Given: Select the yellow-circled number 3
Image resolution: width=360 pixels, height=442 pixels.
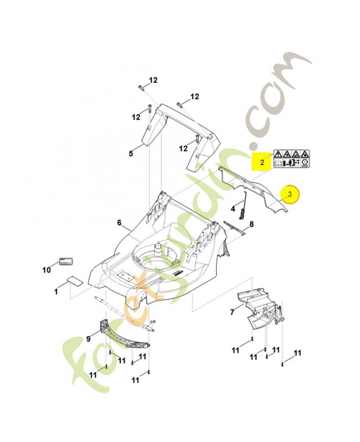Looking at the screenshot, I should [288, 194].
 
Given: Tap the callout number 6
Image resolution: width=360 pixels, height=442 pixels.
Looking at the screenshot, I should [119, 223].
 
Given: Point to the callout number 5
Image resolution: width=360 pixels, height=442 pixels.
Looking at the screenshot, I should [131, 154].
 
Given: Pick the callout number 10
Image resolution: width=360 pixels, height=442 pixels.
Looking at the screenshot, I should [46, 270].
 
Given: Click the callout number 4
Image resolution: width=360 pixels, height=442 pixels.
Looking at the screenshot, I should [233, 209].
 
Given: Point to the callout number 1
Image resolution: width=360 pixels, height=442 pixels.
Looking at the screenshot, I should [56, 290].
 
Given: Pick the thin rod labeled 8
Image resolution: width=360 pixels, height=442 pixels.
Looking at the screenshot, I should [235, 227].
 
